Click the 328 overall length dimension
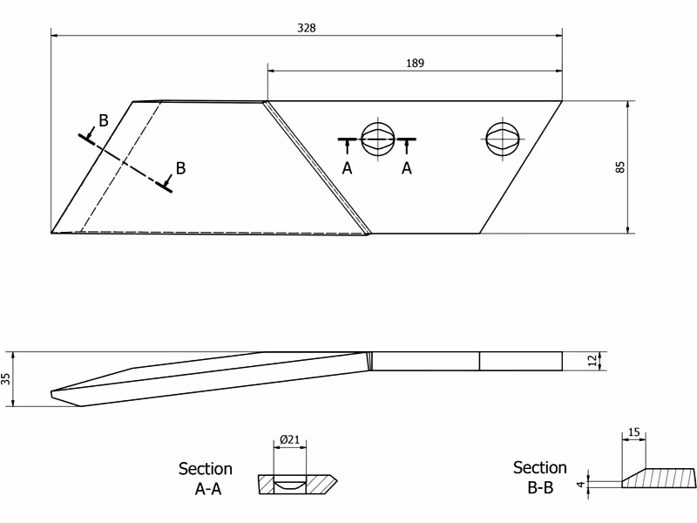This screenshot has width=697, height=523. point(307,28)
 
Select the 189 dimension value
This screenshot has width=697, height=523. point(415,63)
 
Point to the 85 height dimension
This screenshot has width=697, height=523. point(620,167)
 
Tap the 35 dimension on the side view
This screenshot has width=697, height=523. point(6,379)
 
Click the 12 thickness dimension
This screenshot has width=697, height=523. point(592,361)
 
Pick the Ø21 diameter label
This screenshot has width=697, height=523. point(290,440)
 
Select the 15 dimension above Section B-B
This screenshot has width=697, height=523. point(634,431)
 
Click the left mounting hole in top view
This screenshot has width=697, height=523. point(378,139)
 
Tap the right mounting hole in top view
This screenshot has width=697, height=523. point(503,139)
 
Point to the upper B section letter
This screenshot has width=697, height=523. point(103,120)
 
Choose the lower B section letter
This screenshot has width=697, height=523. point(180,168)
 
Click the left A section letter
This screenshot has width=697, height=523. point(347,168)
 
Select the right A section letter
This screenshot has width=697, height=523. point(407,168)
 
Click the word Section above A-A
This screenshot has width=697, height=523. point(206,469)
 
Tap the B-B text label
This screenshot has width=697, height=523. point(540,488)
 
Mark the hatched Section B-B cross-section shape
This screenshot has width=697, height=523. point(659,478)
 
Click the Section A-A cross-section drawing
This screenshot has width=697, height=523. point(297,485)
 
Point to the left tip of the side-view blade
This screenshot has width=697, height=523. point(51,394)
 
